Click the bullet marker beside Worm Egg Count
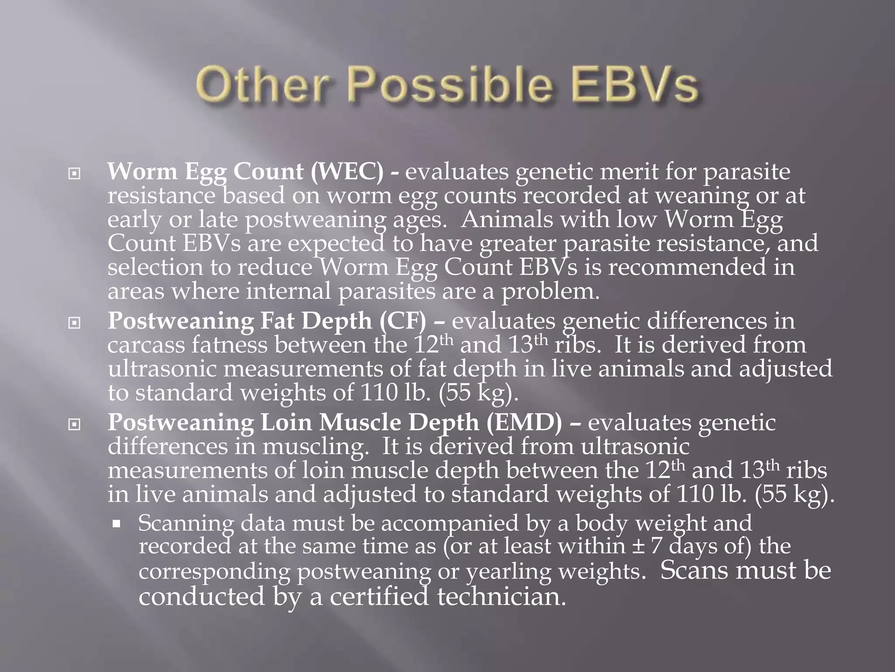click(75, 174)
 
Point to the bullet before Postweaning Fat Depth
click(75, 323)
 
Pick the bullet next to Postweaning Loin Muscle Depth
click(75, 425)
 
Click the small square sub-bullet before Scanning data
click(116, 524)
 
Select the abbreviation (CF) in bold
click(402, 321)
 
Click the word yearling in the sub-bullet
click(507, 571)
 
